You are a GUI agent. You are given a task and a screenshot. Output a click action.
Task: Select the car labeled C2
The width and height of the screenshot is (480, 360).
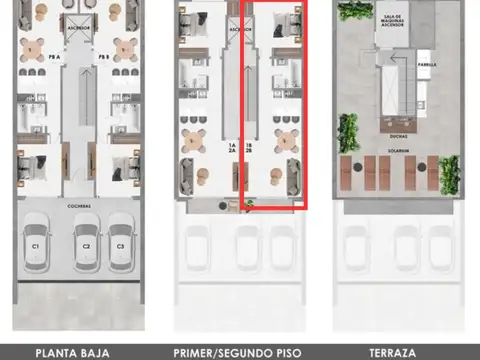tap(86, 244)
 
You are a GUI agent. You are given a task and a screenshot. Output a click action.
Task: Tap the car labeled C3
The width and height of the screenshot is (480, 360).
tap(121, 244)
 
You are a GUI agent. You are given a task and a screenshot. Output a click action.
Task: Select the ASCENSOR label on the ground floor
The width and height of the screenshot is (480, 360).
tap(81, 29)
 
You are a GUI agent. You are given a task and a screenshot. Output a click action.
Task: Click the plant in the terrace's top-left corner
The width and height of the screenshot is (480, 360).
tap(351, 11)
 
